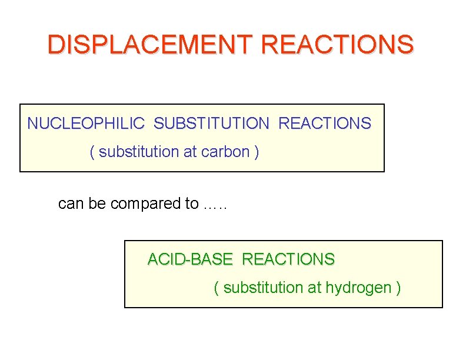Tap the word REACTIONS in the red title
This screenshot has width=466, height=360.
337,44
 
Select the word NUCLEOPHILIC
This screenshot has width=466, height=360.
86,124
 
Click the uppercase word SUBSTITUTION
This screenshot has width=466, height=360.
211,124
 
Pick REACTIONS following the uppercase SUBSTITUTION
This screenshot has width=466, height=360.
324,124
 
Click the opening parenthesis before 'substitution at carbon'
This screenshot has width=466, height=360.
92,152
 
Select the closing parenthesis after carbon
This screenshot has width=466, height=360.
256,152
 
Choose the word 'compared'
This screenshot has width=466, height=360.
146,204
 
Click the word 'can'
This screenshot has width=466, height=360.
71,204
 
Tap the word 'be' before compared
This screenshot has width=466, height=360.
98,204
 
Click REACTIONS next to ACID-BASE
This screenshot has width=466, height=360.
288,259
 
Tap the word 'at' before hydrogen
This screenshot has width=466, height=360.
314,288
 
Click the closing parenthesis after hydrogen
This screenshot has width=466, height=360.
399,288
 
